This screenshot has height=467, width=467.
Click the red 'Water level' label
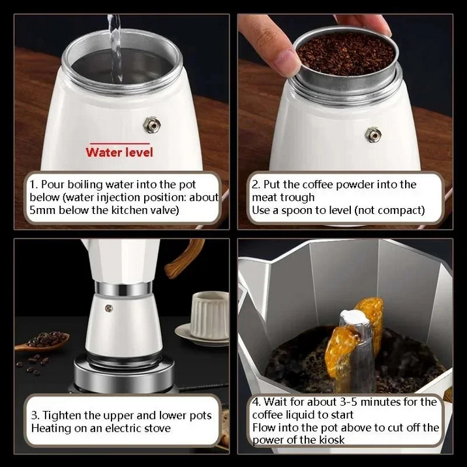(x=119, y=152)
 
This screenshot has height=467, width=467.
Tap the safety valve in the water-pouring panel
(x=152, y=125)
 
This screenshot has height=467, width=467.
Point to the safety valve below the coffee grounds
(x=373, y=134)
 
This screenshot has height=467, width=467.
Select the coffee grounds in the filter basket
(x=346, y=53)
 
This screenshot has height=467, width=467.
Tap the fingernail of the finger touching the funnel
(x=285, y=62)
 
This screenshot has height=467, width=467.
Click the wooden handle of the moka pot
(x=184, y=258)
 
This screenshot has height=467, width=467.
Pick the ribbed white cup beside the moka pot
(x=209, y=315)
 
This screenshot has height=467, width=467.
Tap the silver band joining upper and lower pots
(x=123, y=288)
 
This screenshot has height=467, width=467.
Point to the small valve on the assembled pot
(x=109, y=309)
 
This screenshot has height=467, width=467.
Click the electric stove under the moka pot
(x=124, y=373)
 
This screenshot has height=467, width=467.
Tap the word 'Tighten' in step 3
(x=62, y=415)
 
